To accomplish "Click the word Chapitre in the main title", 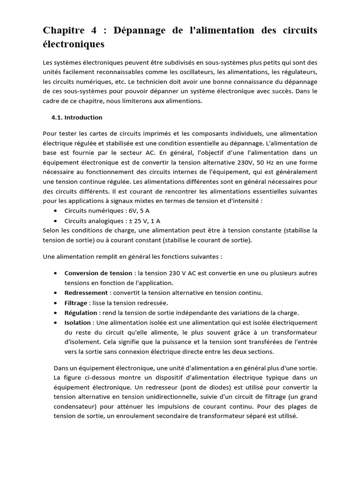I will click(63, 30).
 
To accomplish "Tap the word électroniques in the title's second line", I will click(74, 45).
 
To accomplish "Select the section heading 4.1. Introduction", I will click(77, 117).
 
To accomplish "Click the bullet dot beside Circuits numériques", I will click(56, 211).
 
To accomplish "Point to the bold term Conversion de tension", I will click(98, 273).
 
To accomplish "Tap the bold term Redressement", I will click(86, 292).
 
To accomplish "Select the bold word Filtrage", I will click(76, 303).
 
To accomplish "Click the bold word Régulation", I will click(81, 313).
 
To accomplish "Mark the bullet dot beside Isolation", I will click(56, 322).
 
